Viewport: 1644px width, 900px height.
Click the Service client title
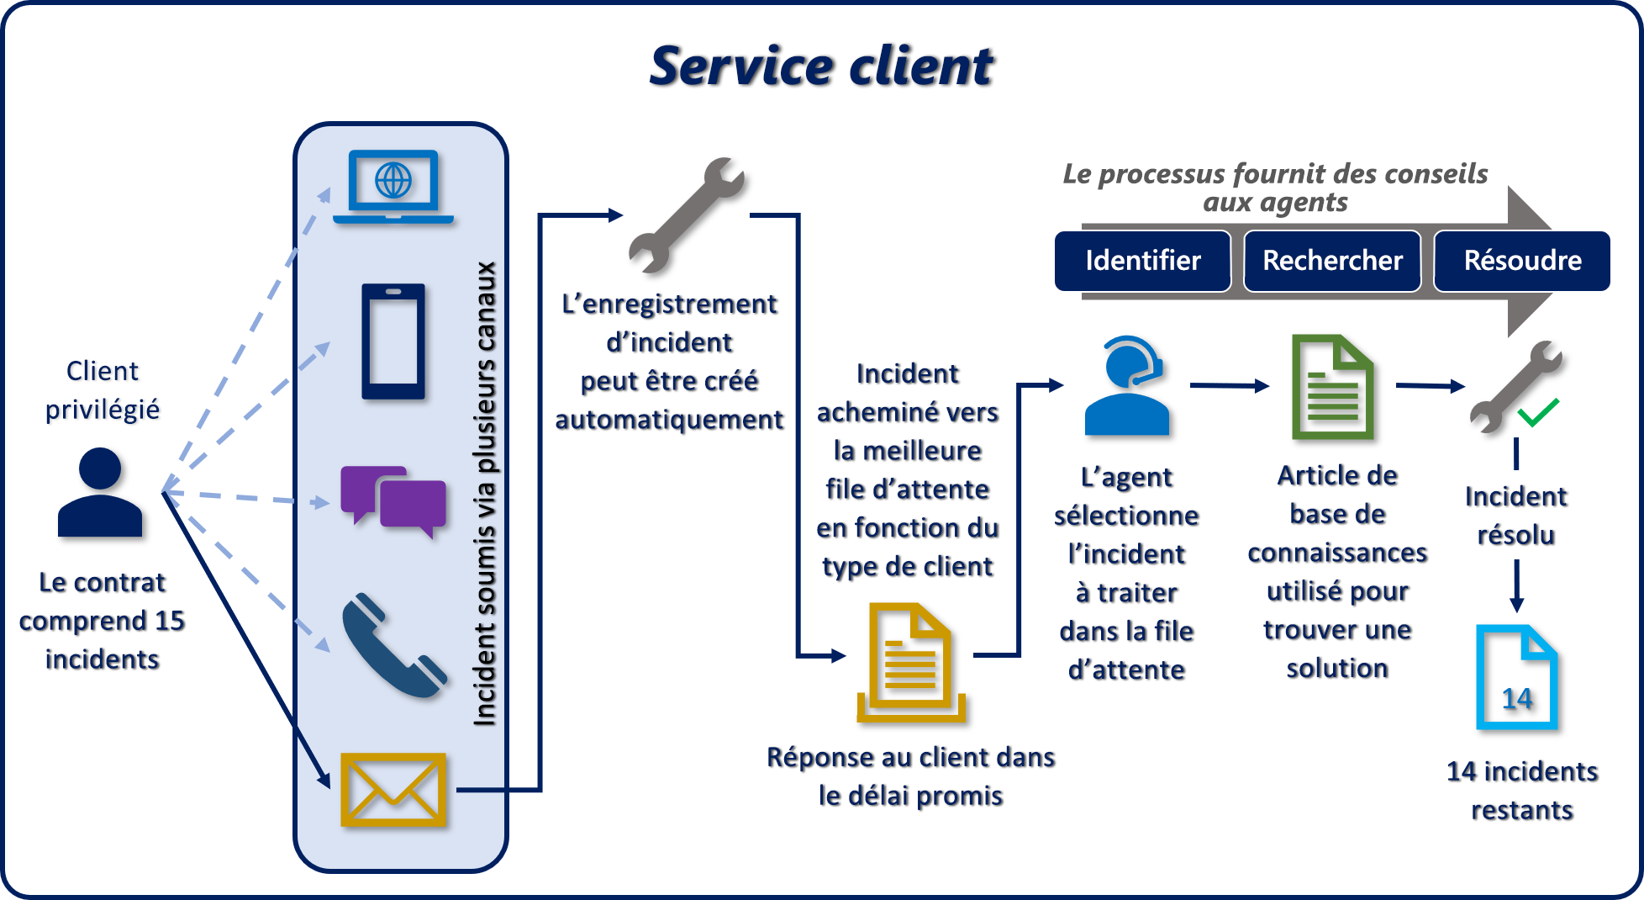point(821,66)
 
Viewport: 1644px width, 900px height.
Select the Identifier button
point(1142,261)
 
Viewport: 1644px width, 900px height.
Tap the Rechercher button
point(1332,261)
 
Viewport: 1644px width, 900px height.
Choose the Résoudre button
point(1522,261)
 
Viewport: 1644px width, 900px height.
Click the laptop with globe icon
point(393,186)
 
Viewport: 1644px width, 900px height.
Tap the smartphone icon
point(393,341)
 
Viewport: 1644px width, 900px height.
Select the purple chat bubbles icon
point(393,500)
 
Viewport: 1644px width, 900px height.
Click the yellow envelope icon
point(393,789)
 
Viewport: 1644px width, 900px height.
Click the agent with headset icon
point(1127,386)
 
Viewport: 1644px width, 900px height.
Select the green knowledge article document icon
point(1333,387)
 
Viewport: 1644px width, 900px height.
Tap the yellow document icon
point(911,661)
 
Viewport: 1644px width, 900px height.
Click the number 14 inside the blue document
point(1517,698)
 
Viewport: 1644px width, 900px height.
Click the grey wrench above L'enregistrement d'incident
point(687,215)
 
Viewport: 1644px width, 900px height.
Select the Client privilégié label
point(103,389)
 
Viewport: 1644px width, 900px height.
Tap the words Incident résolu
point(1516,516)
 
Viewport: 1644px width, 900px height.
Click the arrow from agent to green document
point(1230,386)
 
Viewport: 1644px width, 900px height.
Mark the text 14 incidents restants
point(1522,791)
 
